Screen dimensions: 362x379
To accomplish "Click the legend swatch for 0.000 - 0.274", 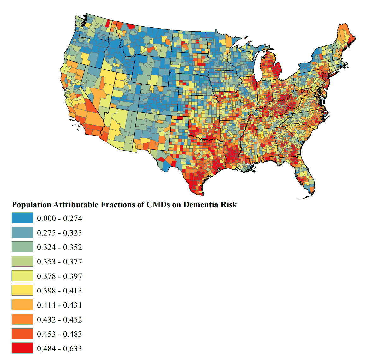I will coord(22,218).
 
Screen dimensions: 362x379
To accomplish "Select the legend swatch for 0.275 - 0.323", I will coord(22,232).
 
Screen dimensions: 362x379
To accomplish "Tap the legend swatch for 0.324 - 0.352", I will coord(22,247).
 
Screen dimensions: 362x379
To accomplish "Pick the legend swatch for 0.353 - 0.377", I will coord(22,262).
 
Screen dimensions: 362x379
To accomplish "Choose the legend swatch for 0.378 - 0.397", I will coord(22,276).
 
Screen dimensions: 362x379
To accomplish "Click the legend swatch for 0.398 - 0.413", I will coord(22,290).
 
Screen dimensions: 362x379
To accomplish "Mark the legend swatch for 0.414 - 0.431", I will coord(22,305).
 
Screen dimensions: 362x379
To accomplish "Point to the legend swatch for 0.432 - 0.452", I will coord(22,319).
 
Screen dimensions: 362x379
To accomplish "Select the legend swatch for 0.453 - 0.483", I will coord(22,334).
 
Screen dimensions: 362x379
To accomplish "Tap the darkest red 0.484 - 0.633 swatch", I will coord(22,348).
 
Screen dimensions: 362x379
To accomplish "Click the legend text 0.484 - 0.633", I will coord(59,349).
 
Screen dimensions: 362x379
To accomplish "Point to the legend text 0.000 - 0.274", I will coord(59,219).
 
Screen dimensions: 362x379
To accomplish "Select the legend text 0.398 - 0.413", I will coord(59,291).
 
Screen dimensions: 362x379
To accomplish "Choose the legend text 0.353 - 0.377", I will coord(59,262).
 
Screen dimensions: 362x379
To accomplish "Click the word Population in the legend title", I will coord(31,205).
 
